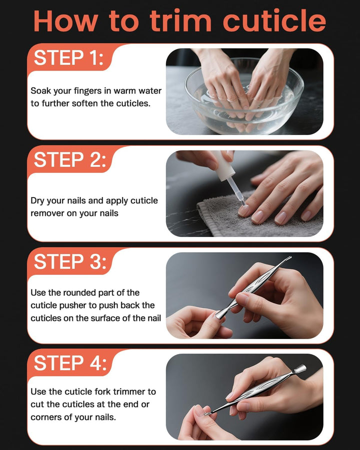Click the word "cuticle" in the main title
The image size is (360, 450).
[274, 21]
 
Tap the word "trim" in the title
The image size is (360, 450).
[183, 21]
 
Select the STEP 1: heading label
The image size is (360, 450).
[69, 58]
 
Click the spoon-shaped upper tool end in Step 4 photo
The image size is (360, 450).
[300, 370]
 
